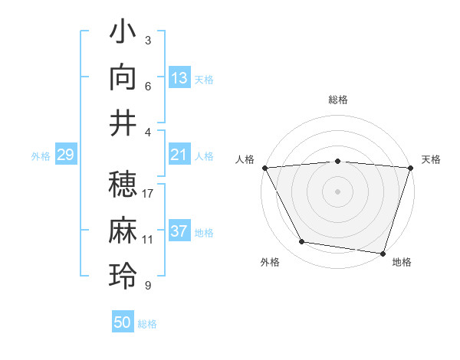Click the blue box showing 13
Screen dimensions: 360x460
pos(179,78)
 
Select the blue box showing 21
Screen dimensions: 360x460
pos(179,155)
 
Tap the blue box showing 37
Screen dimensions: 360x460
pos(179,232)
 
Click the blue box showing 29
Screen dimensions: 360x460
pos(65,155)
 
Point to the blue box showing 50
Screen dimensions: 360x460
pos(123,322)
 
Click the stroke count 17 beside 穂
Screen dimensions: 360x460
pos(148,194)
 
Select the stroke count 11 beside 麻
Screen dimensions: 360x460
pos(148,240)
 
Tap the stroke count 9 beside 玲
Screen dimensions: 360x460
pos(148,286)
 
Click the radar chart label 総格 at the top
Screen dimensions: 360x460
pos(338,100)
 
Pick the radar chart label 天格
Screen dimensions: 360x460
pos(431,159)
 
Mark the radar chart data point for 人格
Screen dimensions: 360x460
pos(264,167)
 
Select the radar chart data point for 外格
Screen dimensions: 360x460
pos(302,242)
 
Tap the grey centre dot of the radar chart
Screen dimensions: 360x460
pos(338,191)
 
